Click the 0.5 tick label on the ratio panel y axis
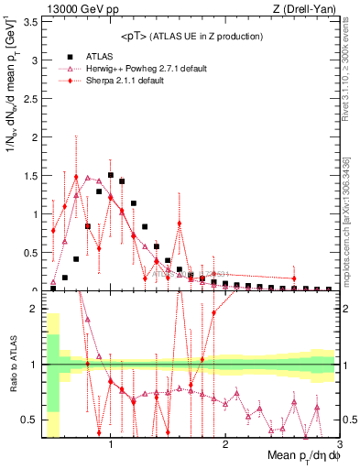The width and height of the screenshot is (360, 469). pyautogui.click(x=29, y=420)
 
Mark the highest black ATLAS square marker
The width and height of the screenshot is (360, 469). pyautogui.click(x=111, y=175)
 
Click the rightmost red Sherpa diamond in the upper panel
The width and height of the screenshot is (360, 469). pyautogui.click(x=294, y=278)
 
